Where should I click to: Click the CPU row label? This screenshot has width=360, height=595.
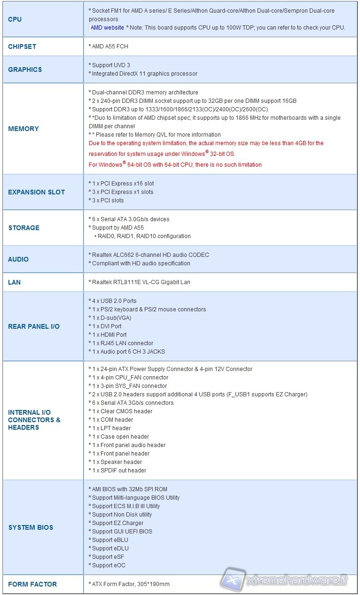[15, 19]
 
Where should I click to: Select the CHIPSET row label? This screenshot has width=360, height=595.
[22, 46]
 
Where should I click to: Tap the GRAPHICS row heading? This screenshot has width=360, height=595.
[25, 70]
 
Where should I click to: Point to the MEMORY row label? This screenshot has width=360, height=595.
[23, 129]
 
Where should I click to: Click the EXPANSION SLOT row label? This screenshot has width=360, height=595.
[37, 192]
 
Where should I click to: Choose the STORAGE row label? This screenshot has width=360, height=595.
[24, 228]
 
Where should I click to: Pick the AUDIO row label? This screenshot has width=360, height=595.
[18, 259]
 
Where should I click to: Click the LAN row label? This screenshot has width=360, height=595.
[15, 282]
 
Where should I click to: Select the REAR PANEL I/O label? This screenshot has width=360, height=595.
[34, 326]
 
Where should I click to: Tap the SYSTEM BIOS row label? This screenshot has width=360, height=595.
[31, 527]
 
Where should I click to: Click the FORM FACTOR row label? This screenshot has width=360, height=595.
[32, 584]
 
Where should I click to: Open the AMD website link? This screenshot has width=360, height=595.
[107, 28]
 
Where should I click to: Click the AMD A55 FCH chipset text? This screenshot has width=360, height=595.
[110, 46]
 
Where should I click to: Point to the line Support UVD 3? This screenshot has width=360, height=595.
[111, 65]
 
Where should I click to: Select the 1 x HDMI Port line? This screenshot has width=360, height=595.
[109, 335]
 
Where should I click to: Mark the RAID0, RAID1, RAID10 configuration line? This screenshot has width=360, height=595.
[144, 236]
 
